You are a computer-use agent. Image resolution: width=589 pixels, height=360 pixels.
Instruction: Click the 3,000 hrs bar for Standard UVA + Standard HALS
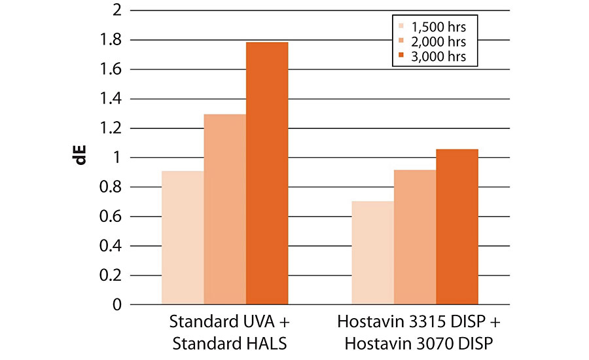pos(267,173)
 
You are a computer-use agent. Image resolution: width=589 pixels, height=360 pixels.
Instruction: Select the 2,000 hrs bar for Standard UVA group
pos(225,209)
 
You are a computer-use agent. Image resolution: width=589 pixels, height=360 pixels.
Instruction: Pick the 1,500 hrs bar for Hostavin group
pos(373,253)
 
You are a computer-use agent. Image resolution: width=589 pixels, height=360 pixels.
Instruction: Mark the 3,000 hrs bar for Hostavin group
pos(457,226)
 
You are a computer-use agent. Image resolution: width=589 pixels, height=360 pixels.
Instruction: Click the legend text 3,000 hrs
pos(438,57)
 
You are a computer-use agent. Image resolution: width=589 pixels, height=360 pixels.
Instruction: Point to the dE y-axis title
pos(82,158)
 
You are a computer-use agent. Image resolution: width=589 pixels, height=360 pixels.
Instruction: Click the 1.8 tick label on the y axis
pos(112,40)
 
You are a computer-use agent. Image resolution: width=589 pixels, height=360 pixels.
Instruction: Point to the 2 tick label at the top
pos(117,10)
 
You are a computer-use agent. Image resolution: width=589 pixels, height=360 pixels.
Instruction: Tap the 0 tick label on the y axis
pos(117,305)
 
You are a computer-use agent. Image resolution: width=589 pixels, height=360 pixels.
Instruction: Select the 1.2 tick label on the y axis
pos(112,128)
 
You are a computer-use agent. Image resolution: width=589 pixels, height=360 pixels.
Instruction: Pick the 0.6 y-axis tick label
pos(112,217)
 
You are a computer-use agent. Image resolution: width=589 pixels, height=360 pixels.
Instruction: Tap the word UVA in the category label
pos(257,323)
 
